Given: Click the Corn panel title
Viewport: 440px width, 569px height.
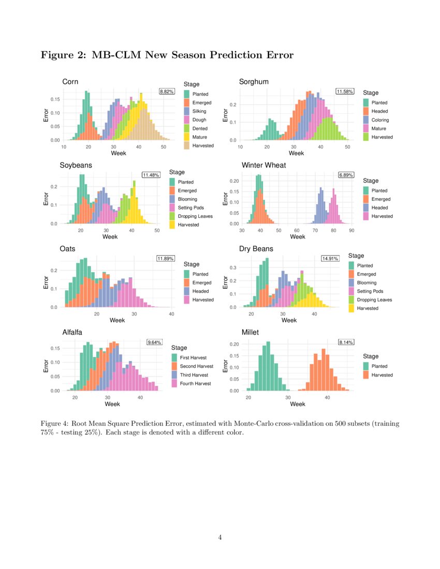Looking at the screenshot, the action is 70,82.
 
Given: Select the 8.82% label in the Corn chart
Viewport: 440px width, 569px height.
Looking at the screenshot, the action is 167,92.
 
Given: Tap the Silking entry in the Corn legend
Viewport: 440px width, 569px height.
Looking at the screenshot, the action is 199,111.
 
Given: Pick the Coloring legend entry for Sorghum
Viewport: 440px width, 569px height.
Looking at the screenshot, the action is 380,120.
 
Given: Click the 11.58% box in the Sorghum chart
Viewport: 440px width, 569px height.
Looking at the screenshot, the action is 345,92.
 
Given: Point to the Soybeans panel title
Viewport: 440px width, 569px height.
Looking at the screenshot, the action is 76,165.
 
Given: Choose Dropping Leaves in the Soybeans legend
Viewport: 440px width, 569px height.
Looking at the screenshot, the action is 195,216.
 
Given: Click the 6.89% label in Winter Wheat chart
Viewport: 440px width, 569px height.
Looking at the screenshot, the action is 346,175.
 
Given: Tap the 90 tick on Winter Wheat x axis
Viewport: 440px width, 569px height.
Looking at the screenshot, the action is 351,230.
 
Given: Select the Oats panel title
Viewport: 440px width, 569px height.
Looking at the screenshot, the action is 67,249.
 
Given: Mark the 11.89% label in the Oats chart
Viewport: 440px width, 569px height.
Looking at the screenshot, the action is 166,258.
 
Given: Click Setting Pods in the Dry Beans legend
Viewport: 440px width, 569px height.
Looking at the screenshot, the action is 370,291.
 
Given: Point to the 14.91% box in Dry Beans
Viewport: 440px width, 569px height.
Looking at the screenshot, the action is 330,258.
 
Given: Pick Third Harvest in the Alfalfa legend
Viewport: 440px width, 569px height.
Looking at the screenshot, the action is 194,375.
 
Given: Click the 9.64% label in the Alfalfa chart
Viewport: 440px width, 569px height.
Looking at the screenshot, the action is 154,342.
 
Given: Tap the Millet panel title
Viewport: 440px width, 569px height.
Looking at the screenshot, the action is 250,333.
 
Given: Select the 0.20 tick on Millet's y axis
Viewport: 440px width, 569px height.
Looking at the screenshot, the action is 234,344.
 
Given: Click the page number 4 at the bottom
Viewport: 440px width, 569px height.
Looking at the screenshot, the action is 220,537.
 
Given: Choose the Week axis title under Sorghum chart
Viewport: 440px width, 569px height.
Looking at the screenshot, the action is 296,153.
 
